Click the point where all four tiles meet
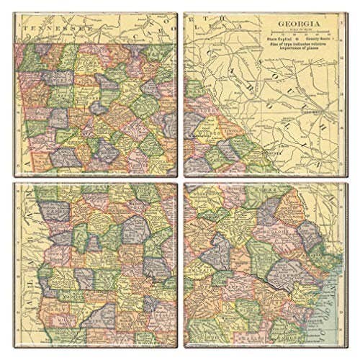(180, 179)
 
